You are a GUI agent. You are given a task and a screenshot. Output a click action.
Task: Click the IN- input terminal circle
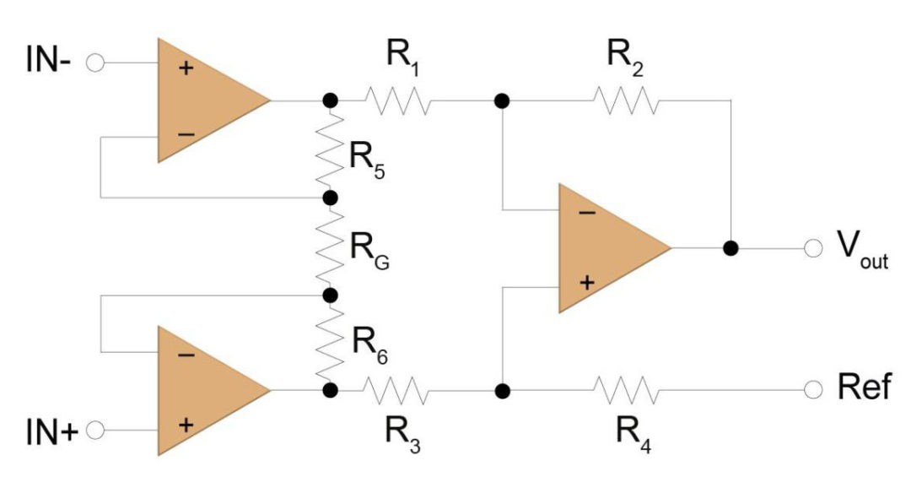click(x=95, y=63)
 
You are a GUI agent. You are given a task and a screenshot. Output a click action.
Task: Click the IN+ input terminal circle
click(x=95, y=430)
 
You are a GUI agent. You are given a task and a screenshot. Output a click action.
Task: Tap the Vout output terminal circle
click(x=813, y=248)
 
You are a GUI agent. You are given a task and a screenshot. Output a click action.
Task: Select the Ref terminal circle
click(x=813, y=391)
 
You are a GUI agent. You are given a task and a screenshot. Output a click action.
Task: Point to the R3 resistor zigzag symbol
click(x=397, y=391)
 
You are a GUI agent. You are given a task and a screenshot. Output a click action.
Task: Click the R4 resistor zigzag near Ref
click(x=626, y=391)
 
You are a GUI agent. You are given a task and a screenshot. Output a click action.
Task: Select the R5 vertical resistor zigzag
click(x=330, y=149)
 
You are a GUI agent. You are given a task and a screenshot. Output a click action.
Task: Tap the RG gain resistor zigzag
click(x=330, y=247)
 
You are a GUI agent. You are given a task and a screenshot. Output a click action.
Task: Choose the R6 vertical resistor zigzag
click(x=330, y=343)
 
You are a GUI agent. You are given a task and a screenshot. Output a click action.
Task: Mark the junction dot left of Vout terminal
click(x=730, y=248)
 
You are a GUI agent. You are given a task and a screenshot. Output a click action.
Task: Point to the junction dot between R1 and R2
click(x=502, y=100)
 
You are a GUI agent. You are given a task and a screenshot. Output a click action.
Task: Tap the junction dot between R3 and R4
click(x=502, y=391)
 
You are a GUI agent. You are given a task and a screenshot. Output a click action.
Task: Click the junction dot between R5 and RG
click(x=330, y=198)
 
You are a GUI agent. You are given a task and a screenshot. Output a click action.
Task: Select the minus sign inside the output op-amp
click(x=586, y=212)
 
